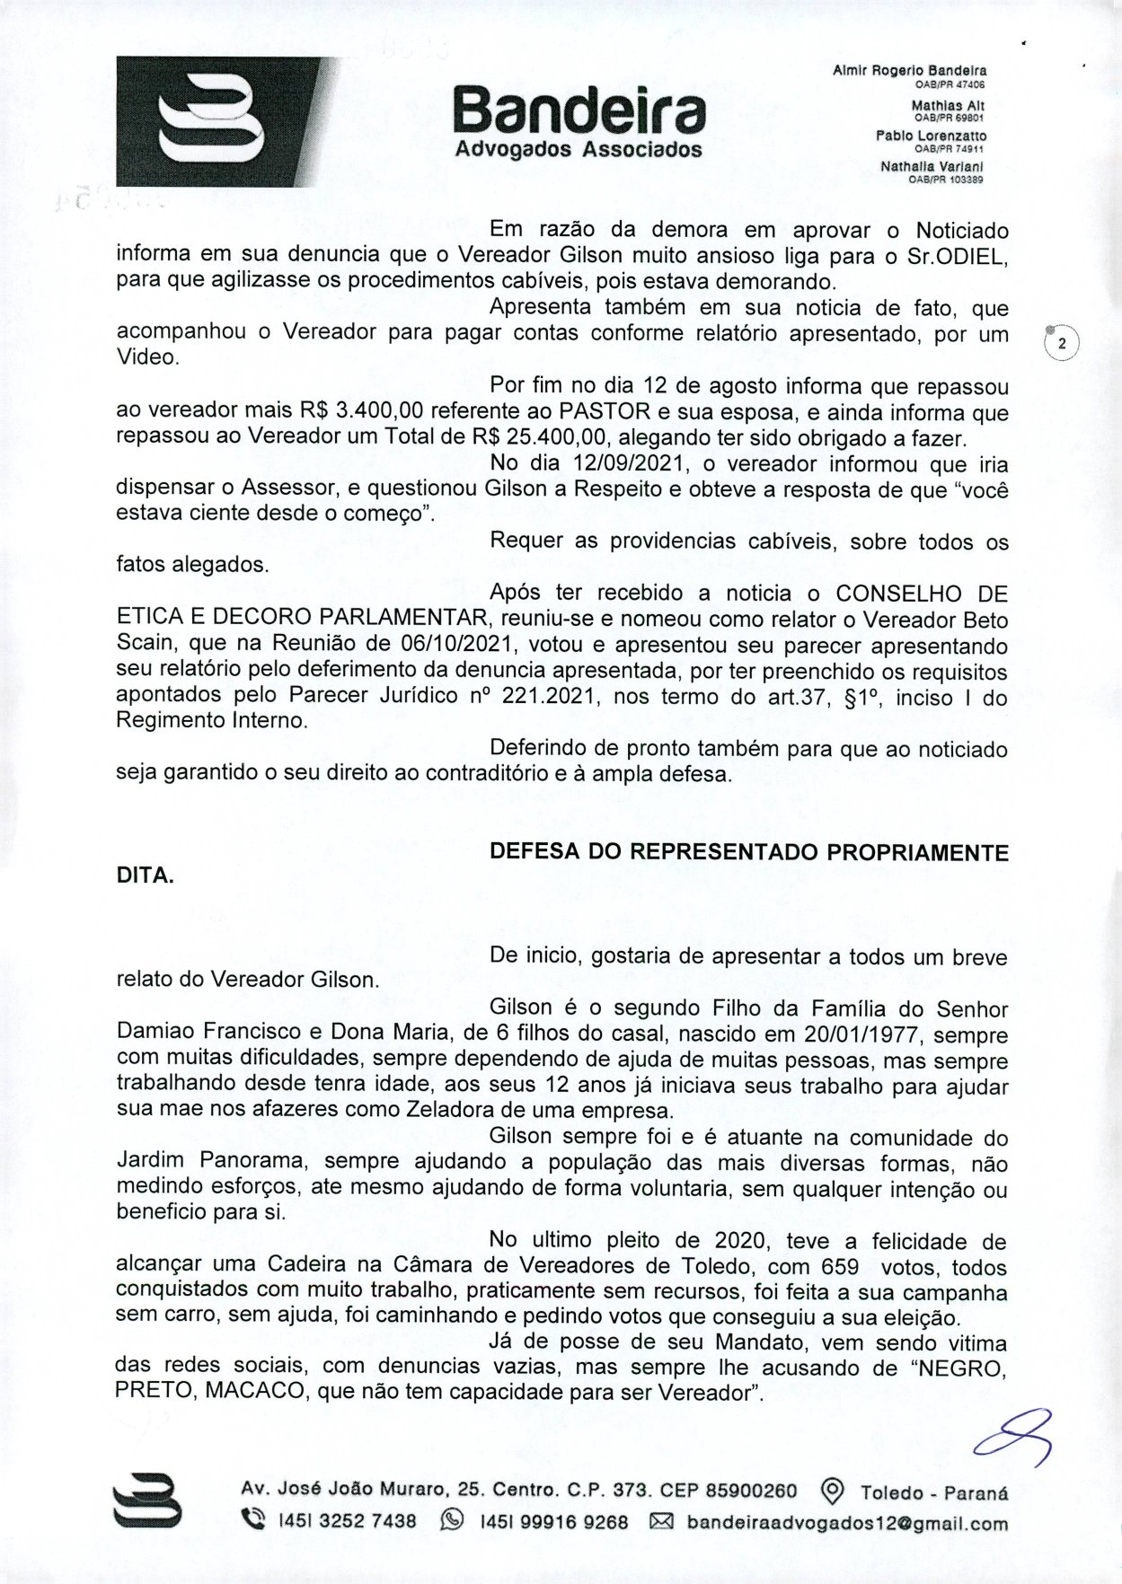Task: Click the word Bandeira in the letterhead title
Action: point(579,112)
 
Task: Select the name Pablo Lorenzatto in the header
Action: point(931,136)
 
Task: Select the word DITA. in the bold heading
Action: point(146,876)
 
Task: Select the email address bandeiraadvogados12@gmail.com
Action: point(847,1524)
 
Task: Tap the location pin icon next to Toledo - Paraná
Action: point(833,1492)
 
